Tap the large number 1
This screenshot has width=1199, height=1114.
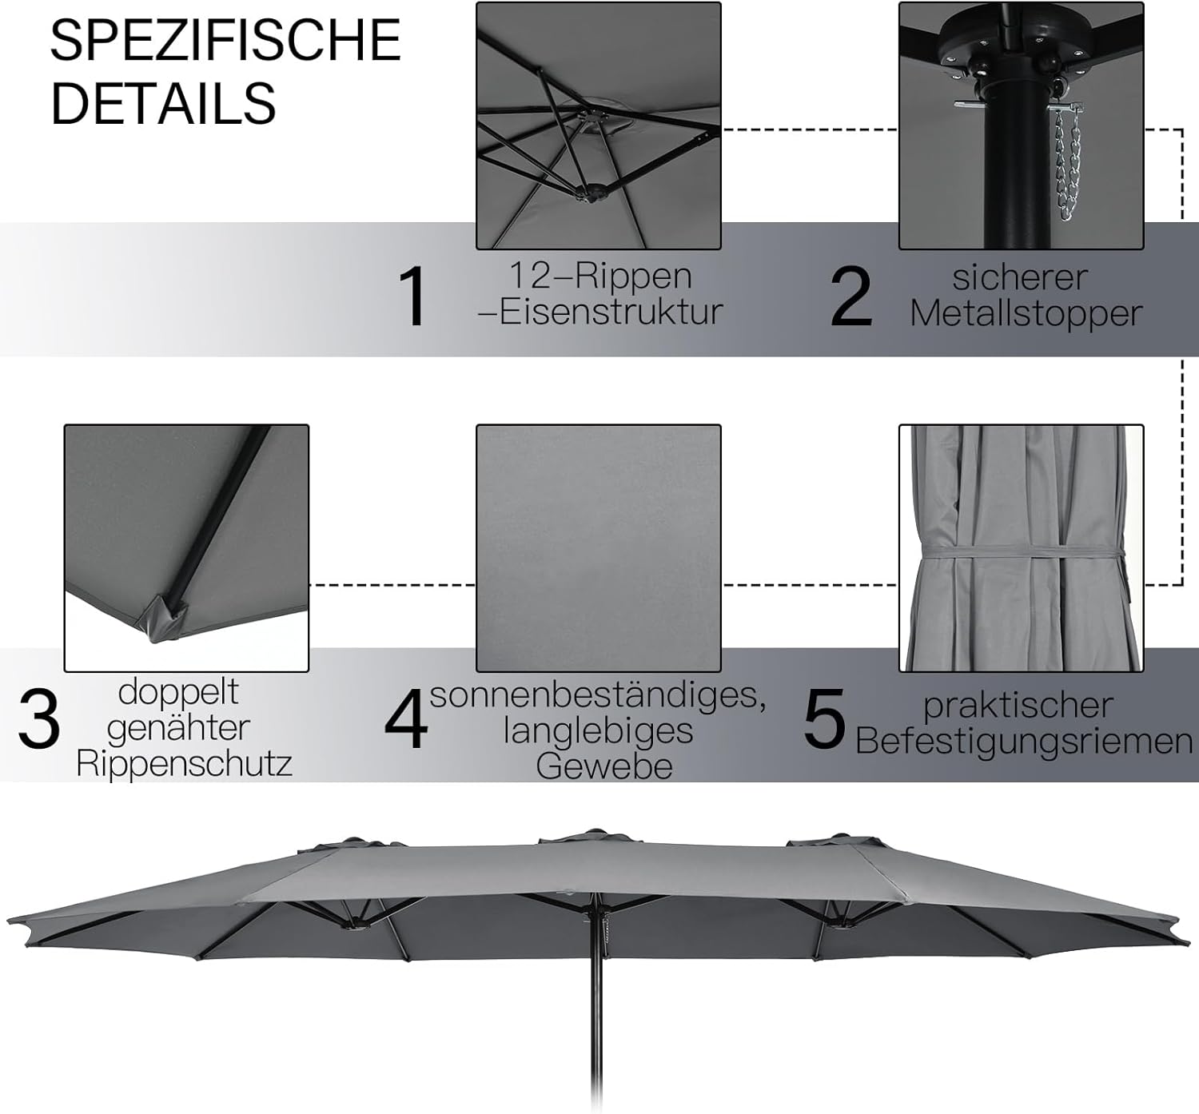(x=415, y=297)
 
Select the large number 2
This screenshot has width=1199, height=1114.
(x=850, y=297)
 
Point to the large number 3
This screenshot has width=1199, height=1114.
(x=38, y=721)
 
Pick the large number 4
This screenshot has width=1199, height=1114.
(x=406, y=721)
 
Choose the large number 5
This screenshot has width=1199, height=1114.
(x=823, y=721)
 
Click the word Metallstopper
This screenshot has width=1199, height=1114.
(x=1026, y=313)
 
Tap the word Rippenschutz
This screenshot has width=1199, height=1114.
(x=184, y=764)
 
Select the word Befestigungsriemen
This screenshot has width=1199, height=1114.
(x=1024, y=742)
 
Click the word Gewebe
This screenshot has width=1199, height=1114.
(x=603, y=766)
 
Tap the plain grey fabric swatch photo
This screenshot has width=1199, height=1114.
(x=598, y=547)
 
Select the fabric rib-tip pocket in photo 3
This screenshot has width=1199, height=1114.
(x=164, y=616)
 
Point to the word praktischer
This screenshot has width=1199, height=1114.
(x=1018, y=706)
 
